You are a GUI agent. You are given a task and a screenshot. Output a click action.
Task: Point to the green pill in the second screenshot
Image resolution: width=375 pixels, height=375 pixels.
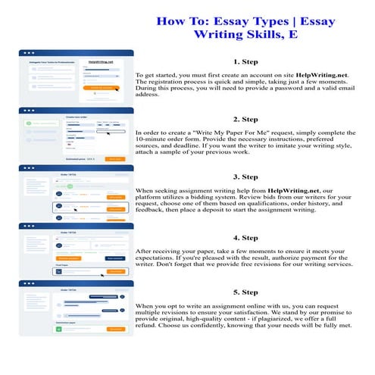click(x=42, y=121)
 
